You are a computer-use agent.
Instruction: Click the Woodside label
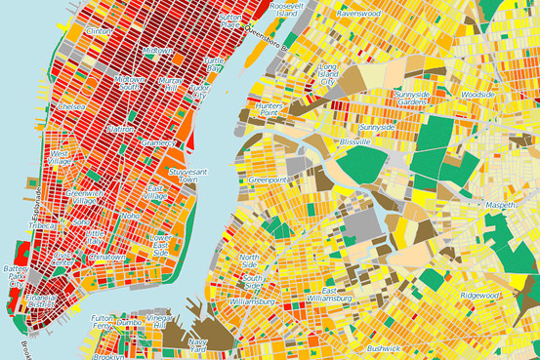tap(479, 95)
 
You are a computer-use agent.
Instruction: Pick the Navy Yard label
tap(198, 345)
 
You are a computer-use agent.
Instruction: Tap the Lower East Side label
tap(160, 244)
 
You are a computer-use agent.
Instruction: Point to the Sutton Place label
tap(230, 20)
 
